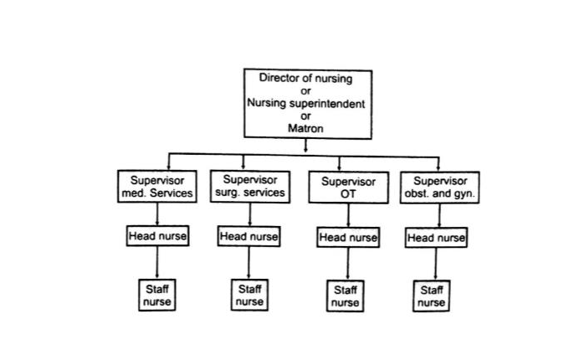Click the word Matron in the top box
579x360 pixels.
point(305,129)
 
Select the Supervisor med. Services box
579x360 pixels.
point(157,187)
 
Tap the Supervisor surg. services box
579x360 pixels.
point(249,186)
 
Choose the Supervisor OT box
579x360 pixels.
point(348,188)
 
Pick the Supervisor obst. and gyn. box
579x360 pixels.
point(441,187)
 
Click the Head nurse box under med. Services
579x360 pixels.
point(157,236)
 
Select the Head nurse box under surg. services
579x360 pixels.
point(249,237)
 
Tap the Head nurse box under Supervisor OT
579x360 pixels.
point(348,238)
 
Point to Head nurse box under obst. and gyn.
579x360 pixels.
point(436,238)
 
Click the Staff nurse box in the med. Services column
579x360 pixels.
point(157,295)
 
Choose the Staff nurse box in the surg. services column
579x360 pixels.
point(249,295)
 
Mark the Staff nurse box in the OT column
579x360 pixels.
point(345,296)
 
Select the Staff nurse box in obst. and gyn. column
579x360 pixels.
point(431,296)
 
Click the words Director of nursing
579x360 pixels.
point(305,78)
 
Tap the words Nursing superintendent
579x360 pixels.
point(305,104)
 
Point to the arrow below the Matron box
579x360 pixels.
point(306,146)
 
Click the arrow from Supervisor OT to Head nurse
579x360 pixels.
point(348,215)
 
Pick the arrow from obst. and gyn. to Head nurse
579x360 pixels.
point(441,215)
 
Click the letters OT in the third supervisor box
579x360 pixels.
point(348,194)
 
